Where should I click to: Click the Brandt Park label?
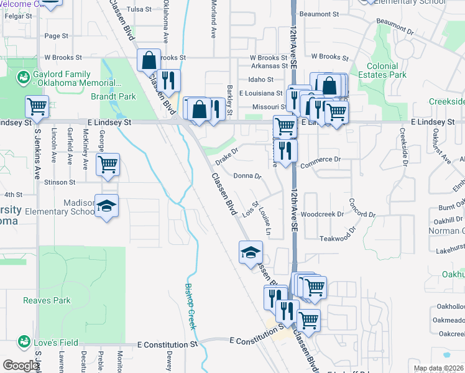click(x=113, y=97)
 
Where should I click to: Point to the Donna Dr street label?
click(x=247, y=176)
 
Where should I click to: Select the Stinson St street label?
click(x=59, y=183)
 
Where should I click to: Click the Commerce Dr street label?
click(x=321, y=159)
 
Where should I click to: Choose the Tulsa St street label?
click(x=139, y=9)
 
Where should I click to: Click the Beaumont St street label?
click(x=318, y=13)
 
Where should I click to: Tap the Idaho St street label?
click(x=260, y=80)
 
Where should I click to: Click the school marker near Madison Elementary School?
click(x=107, y=206)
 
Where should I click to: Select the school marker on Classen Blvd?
click(x=251, y=252)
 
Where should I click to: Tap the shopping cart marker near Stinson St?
click(x=108, y=165)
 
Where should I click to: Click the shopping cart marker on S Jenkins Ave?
click(x=37, y=107)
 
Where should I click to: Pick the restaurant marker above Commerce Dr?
click(x=285, y=150)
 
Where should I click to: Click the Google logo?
click(x=21, y=366)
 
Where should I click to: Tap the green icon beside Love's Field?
click(x=24, y=341)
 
